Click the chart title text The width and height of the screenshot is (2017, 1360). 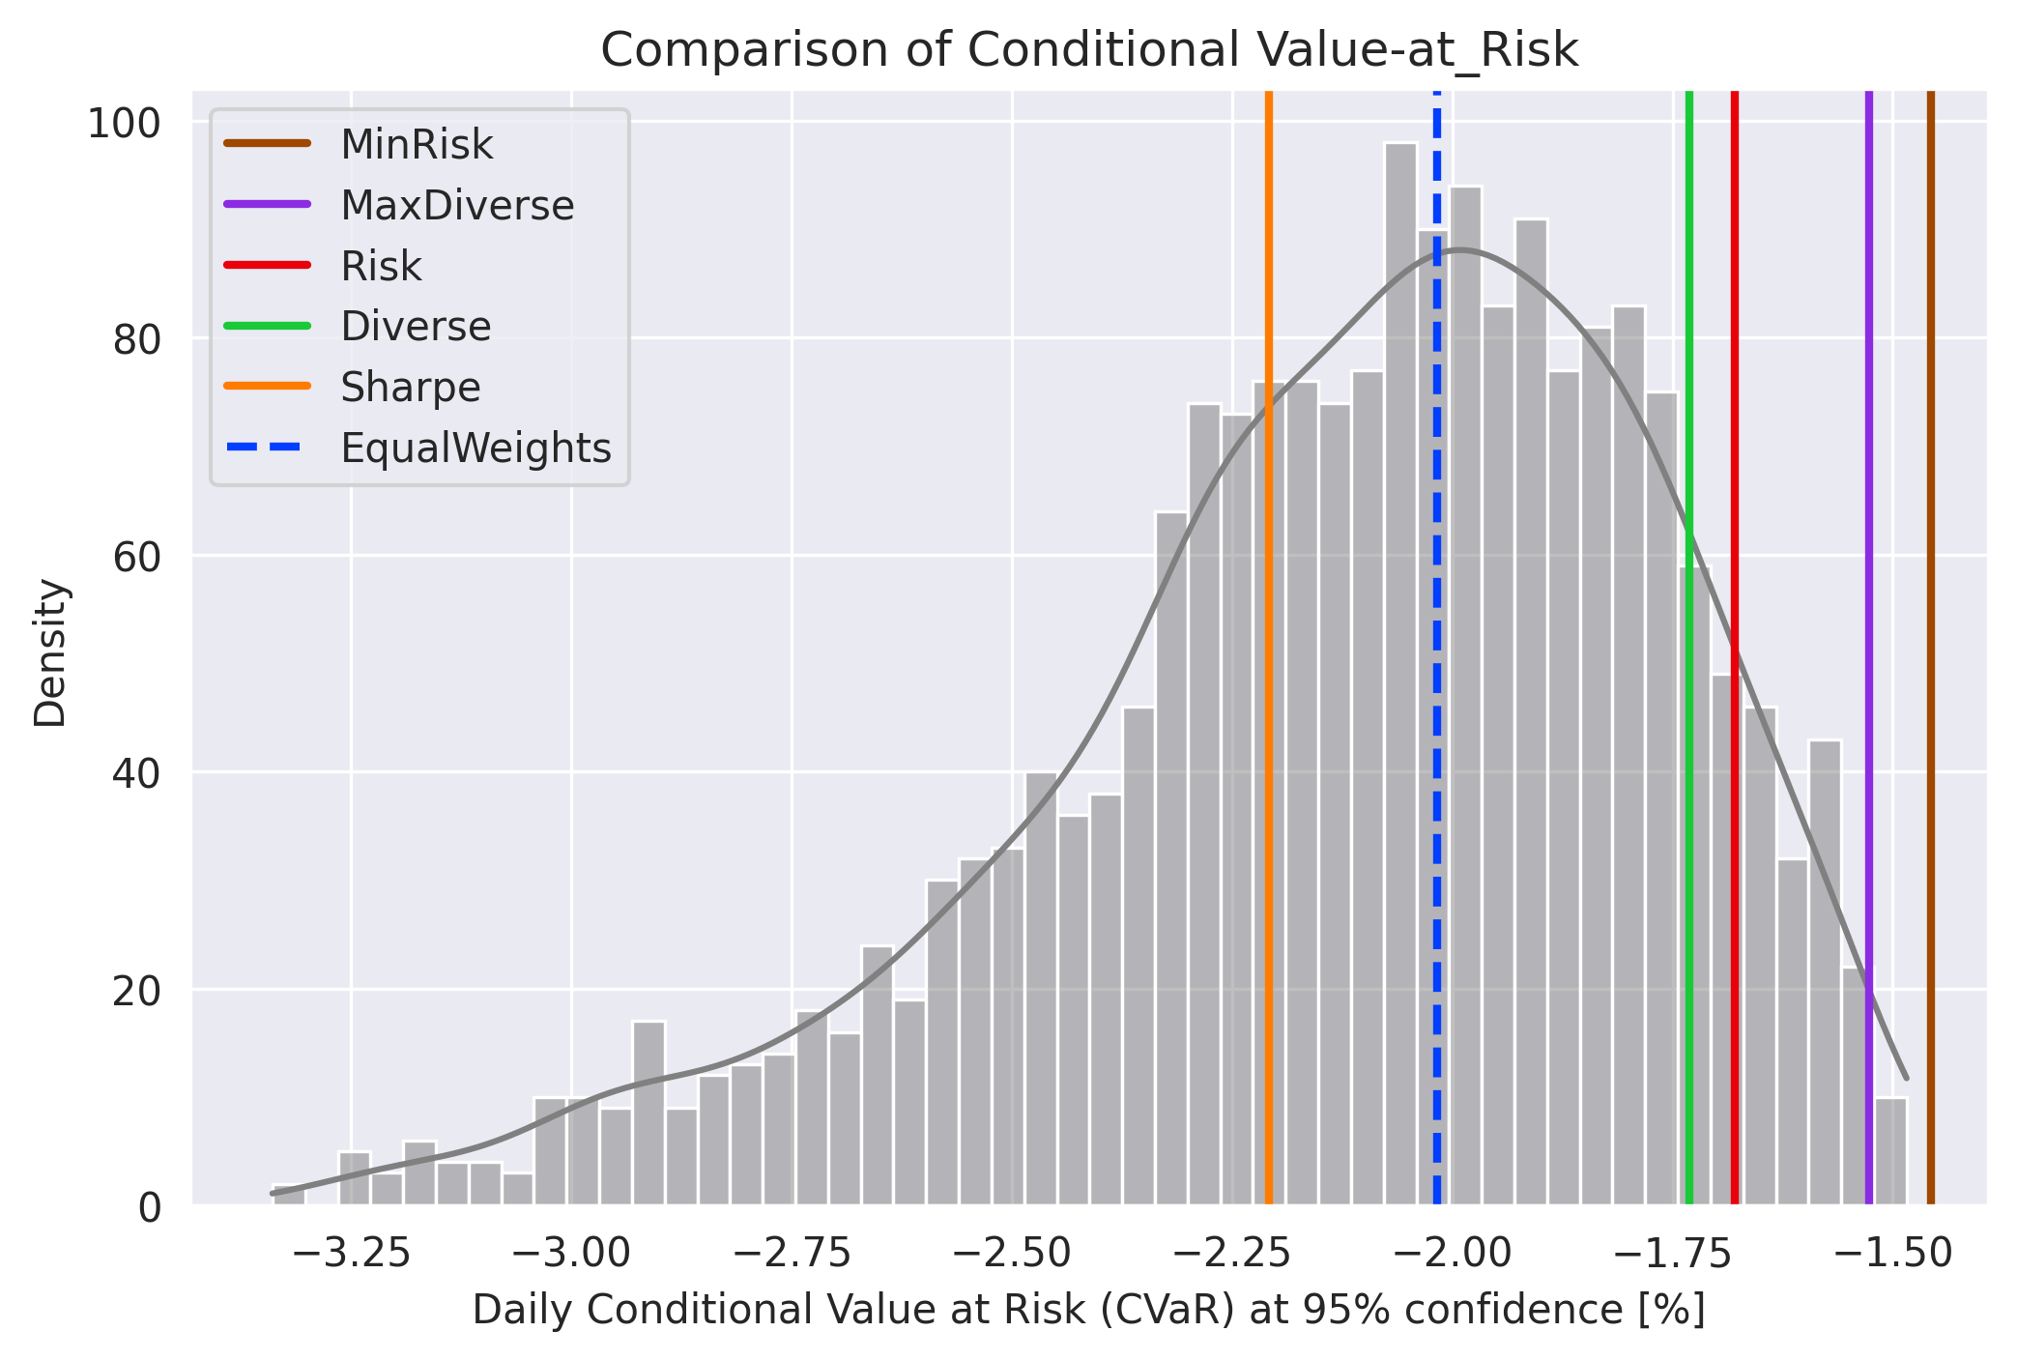tap(1089, 50)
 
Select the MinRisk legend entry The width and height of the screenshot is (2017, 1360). tap(417, 145)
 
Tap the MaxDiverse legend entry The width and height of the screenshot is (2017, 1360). tap(457, 206)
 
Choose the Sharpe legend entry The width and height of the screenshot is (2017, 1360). tap(410, 388)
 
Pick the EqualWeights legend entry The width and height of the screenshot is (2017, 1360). tap(475, 449)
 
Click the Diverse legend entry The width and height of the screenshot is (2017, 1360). tap(416, 327)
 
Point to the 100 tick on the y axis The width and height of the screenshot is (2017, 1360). tap(125, 124)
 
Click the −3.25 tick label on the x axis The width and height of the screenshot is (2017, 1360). tap(351, 1253)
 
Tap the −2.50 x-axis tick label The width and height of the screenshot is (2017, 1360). tap(1012, 1253)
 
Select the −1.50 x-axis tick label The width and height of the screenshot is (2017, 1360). tap(1893, 1253)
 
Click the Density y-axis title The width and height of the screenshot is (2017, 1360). tap(50, 652)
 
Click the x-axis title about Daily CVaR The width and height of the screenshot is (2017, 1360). tap(1088, 1311)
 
